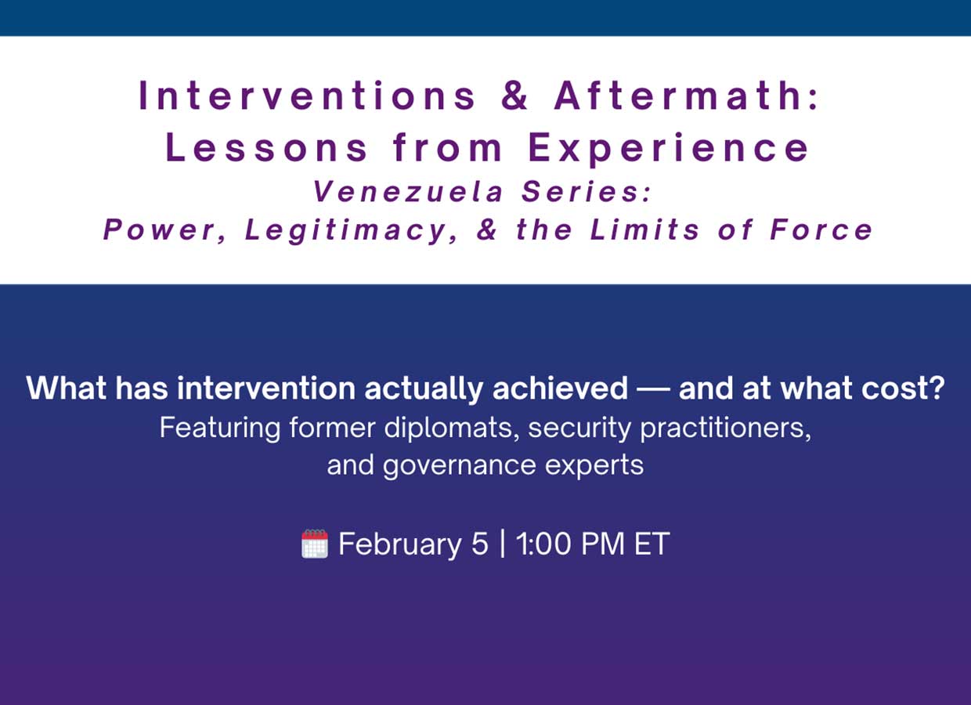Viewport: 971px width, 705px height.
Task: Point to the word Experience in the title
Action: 669,148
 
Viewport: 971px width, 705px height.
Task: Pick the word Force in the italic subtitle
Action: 821,230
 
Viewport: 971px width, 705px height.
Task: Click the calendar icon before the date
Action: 314,544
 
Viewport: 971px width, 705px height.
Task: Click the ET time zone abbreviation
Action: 652,544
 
